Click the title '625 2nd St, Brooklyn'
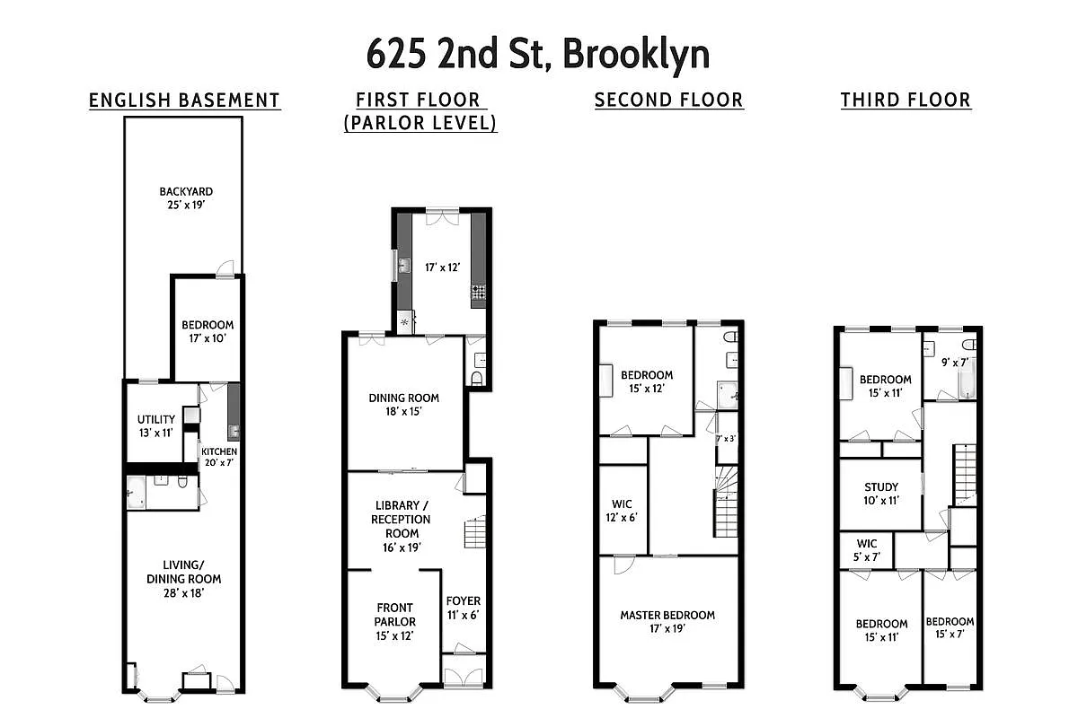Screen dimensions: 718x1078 [x=538, y=54]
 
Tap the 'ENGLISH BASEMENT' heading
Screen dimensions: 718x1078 [x=184, y=101]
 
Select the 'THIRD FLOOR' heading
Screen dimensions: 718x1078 [x=906, y=101]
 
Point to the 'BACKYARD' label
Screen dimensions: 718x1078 [x=186, y=191]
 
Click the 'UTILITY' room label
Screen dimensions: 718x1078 [x=156, y=420]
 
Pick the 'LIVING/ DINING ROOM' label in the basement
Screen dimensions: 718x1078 [x=183, y=579]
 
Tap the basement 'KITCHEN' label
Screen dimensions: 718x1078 [x=219, y=451]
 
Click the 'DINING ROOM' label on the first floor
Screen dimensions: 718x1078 [x=404, y=398]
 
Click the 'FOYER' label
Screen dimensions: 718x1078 [x=463, y=600]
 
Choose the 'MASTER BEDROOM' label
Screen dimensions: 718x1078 [x=667, y=616]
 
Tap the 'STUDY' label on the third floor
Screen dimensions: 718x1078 [x=881, y=487]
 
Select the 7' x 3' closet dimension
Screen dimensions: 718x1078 [x=727, y=439]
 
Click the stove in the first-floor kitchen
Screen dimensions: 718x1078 [x=479, y=291]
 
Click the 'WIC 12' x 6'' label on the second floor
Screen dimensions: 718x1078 [x=622, y=510]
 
